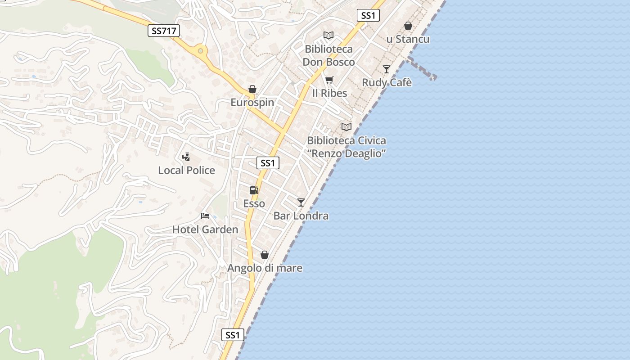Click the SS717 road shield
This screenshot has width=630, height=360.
pyautogui.click(x=164, y=31)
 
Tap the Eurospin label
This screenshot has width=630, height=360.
pyautogui.click(x=252, y=103)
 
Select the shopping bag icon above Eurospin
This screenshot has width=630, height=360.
pyautogui.click(x=252, y=89)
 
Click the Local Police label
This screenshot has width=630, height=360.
pyautogui.click(x=186, y=171)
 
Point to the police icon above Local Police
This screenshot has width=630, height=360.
pyautogui.click(x=186, y=157)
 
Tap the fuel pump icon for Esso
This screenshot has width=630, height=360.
pyautogui.click(x=254, y=190)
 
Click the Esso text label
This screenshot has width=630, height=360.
pyautogui.click(x=254, y=204)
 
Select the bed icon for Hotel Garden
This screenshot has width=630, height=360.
pyautogui.click(x=205, y=216)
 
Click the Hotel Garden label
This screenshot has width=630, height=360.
pyautogui.click(x=205, y=230)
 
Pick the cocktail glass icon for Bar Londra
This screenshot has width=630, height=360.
pyautogui.click(x=301, y=202)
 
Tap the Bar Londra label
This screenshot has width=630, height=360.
pyautogui.click(x=301, y=216)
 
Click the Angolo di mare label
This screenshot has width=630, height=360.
pyautogui.click(x=265, y=268)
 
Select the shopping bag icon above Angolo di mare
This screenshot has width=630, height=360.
pyautogui.click(x=265, y=255)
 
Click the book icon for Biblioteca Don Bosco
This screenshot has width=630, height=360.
pyautogui.click(x=328, y=35)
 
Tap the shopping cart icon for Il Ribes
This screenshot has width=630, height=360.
pyautogui.click(x=329, y=80)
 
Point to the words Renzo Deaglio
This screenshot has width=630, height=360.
pyautogui.click(x=346, y=153)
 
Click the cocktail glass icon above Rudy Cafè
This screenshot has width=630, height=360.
pyautogui.click(x=387, y=69)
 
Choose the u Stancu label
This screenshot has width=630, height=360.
pyautogui.click(x=408, y=39)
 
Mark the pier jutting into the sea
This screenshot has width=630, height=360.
pyautogui.click(x=423, y=69)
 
